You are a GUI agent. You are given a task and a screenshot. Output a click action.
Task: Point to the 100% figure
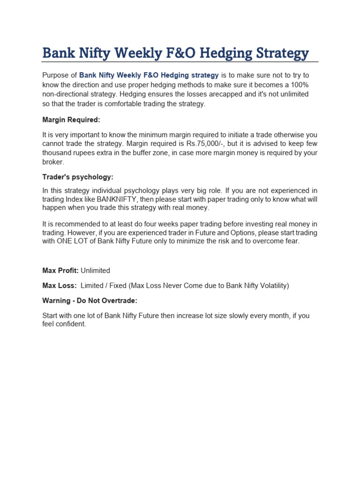(299, 84)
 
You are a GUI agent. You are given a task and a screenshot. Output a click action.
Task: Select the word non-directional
(66, 94)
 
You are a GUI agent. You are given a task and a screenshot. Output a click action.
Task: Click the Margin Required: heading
(71, 120)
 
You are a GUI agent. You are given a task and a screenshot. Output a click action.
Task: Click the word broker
(52, 162)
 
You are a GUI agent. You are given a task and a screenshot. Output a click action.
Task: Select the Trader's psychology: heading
(78, 177)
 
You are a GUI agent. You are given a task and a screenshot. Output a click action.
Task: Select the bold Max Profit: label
(60, 270)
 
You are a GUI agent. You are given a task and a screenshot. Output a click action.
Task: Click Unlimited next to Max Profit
(96, 270)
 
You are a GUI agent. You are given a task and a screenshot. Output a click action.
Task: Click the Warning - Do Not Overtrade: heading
(90, 300)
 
